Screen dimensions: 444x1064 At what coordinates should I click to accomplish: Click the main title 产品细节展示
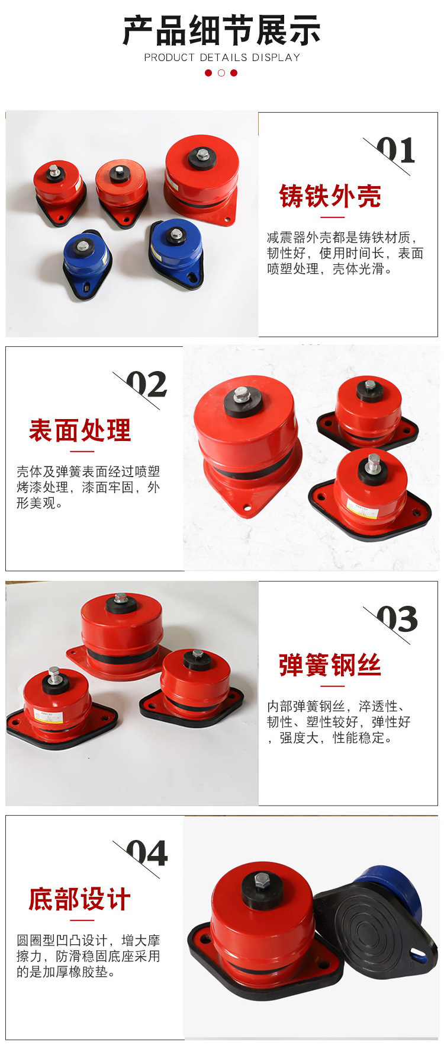221,31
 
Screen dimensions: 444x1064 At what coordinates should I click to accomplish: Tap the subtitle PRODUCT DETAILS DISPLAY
222,57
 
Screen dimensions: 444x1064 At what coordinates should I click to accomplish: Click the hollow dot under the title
221,73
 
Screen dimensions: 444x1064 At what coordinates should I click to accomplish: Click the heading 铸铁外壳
330,196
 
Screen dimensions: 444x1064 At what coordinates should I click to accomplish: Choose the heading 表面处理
80,430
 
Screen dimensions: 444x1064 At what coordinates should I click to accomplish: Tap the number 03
397,619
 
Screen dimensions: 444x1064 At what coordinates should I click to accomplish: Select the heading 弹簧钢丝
330,665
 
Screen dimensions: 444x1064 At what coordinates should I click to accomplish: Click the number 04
147,854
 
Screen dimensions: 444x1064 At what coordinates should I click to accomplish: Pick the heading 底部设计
80,899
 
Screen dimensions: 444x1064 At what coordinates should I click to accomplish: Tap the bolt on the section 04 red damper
262,880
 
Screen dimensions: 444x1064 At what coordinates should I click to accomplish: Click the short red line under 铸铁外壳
330,217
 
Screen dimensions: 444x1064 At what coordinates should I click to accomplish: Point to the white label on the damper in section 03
47,714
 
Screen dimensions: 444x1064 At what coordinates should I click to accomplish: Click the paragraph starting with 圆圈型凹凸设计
88,956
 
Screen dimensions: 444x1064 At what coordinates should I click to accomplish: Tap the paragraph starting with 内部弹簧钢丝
339,722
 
